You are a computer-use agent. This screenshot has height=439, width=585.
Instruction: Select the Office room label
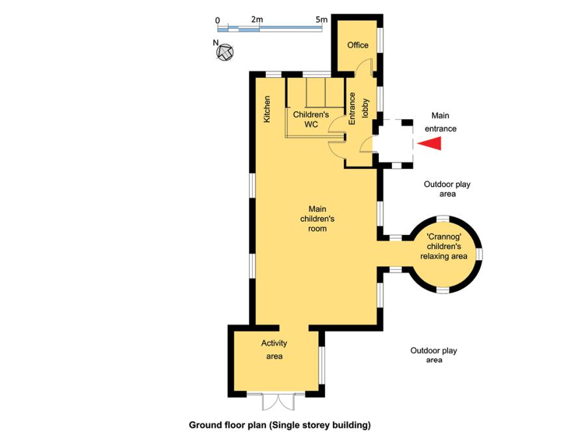(x=357, y=45)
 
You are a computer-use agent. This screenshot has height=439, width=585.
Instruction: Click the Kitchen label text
(x=266, y=109)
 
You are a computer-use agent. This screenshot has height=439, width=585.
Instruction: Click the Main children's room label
(x=317, y=219)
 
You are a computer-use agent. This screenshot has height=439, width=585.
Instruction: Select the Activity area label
(x=274, y=350)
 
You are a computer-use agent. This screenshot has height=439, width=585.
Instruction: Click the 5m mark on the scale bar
(x=321, y=20)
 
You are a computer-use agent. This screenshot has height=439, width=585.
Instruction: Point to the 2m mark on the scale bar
(x=257, y=20)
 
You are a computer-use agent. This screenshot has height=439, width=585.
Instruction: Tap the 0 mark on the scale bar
(x=217, y=20)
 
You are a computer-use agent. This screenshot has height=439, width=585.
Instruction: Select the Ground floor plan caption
(x=279, y=425)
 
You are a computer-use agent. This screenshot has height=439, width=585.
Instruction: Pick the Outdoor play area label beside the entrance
(x=447, y=189)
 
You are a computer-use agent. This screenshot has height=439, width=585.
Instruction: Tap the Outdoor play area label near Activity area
(x=434, y=355)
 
